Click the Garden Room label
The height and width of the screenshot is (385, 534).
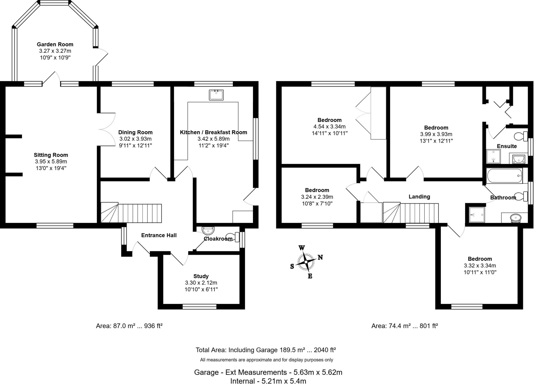pyautogui.click(x=55, y=44)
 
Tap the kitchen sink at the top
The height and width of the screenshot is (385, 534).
pyautogui.click(x=216, y=95)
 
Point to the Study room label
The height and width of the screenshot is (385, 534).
pyautogui.click(x=201, y=276)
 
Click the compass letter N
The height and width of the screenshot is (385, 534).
pyautogui.click(x=320, y=257)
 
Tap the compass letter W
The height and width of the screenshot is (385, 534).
pyautogui.click(x=301, y=248)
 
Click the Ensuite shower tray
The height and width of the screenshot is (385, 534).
pyautogui.click(x=493, y=156)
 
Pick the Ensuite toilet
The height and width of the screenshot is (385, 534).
pyautogui.click(x=521, y=136)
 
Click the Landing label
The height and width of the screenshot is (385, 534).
pyautogui.click(x=419, y=197)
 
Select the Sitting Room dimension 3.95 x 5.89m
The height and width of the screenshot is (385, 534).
pyautogui.click(x=51, y=162)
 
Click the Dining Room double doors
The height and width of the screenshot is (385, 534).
pyautogui.click(x=107, y=129)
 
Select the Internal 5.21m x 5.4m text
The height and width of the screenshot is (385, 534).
pyautogui.click(x=268, y=381)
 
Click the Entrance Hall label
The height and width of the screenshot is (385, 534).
pyautogui.click(x=159, y=235)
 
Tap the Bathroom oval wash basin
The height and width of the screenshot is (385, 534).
pyautogui.click(x=515, y=217)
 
